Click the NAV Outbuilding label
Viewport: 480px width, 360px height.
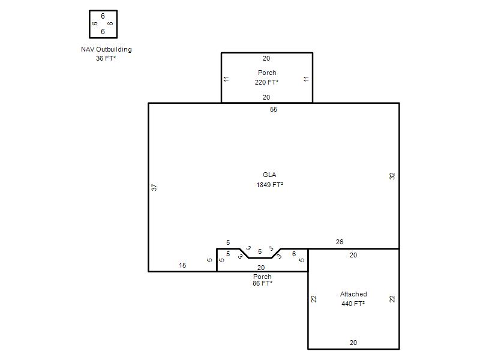tap(106, 49)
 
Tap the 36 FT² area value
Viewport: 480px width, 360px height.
tap(106, 58)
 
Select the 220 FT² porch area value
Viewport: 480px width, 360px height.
tap(266, 82)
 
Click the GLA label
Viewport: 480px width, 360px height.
tap(269, 175)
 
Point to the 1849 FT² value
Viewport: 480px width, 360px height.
tap(269, 185)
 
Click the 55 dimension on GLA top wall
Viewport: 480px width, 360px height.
tap(274, 109)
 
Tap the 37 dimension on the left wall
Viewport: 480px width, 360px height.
tap(154, 187)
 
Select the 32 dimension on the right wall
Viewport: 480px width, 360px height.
tap(392, 176)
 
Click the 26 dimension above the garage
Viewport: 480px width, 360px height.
tap(340, 242)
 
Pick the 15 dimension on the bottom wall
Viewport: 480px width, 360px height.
tap(182, 265)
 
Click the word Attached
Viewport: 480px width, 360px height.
tap(353, 294)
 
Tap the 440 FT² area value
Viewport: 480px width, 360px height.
tap(353, 304)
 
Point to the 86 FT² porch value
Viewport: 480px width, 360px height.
tap(262, 283)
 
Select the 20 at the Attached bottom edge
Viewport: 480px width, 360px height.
tap(353, 343)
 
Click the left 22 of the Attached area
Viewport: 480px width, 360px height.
tap(314, 299)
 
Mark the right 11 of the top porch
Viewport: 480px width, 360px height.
tap(306, 79)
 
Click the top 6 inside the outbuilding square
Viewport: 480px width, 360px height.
tap(103, 16)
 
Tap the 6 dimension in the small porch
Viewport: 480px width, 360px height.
tap(294, 254)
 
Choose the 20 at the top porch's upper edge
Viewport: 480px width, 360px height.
tap(266, 58)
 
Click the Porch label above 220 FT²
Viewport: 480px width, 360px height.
tap(267, 73)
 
